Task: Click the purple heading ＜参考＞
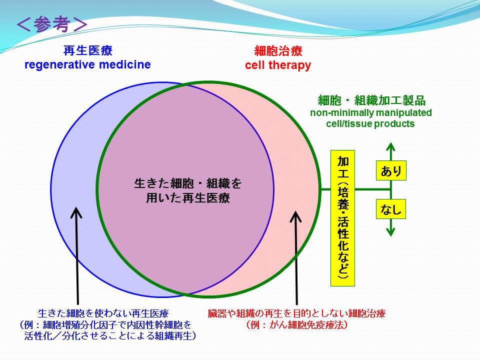[x=52, y=24]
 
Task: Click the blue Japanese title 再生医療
[x=88, y=50]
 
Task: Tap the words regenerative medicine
[x=87, y=64]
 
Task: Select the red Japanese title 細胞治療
[x=278, y=51]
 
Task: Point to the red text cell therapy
[x=278, y=65]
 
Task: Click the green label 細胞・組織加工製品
[x=371, y=100]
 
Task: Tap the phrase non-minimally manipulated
[x=371, y=112]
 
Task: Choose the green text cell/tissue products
[x=370, y=123]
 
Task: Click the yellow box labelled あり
[x=391, y=170]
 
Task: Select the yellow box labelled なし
[x=391, y=209]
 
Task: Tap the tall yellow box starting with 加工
[x=342, y=218]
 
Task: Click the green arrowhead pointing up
[x=390, y=147]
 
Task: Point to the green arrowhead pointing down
[x=390, y=232]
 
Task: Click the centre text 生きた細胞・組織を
[x=187, y=183]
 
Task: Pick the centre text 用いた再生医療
[x=187, y=198]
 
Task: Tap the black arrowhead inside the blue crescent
[x=76, y=212]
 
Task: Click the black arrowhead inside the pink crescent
[x=295, y=216]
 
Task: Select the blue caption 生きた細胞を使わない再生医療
[x=103, y=313]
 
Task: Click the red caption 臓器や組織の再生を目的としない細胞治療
[x=296, y=313]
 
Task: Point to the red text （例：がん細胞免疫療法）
[x=296, y=325]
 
